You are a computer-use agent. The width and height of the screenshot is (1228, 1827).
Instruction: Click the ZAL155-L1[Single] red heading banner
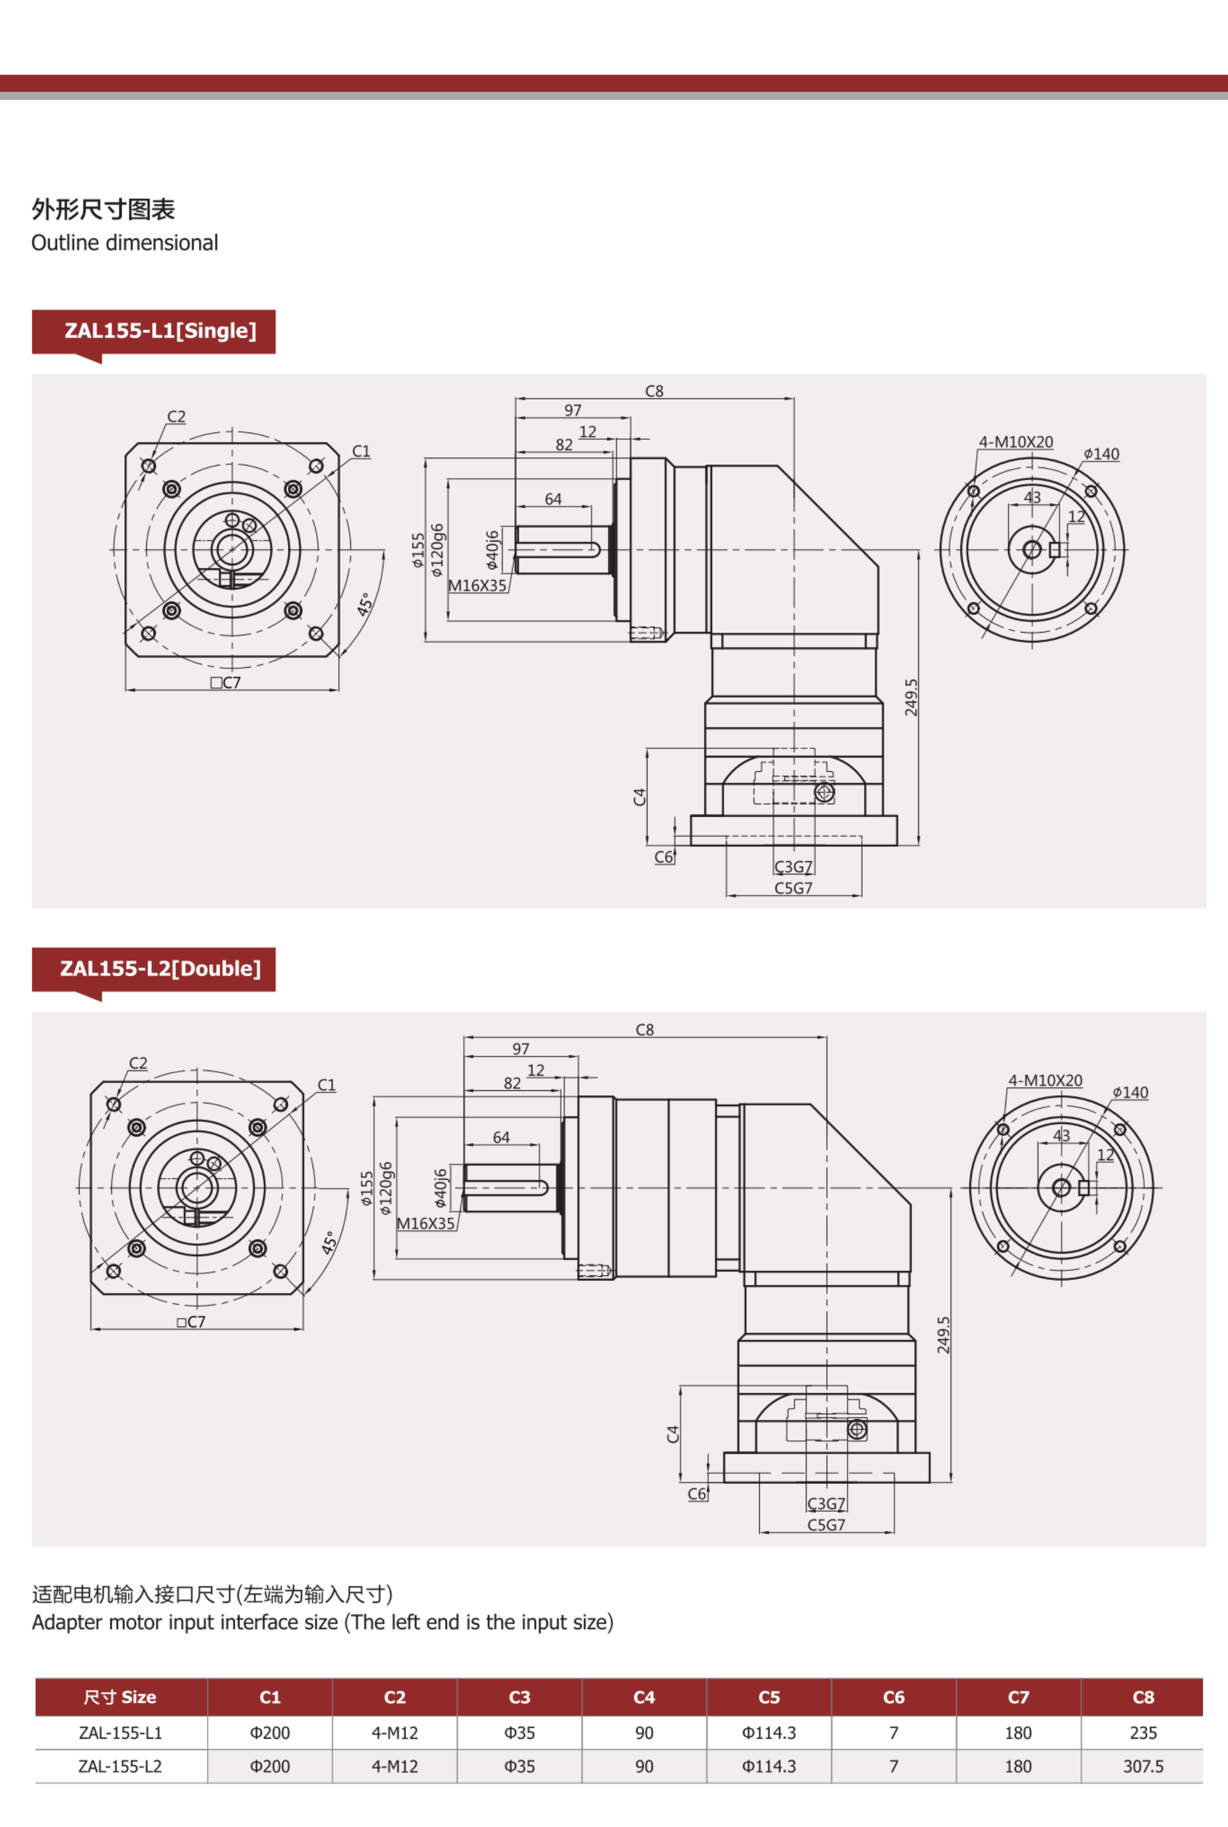pyautogui.click(x=153, y=331)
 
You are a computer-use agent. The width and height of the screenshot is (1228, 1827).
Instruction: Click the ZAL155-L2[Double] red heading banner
pyautogui.click(x=153, y=969)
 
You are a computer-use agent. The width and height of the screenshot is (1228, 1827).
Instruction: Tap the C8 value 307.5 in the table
pyautogui.click(x=1142, y=1766)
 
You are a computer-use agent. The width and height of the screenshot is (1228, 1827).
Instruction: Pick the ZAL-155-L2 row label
pyautogui.click(x=120, y=1766)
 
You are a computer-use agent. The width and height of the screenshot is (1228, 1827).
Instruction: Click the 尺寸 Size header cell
pyautogui.click(x=120, y=1697)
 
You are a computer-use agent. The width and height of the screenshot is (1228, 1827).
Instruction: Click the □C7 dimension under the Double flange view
pyautogui.click(x=191, y=1322)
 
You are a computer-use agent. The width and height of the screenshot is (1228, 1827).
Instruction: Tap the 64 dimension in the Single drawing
pyautogui.click(x=553, y=499)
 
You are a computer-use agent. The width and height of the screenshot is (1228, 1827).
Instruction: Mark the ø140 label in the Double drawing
pyautogui.click(x=1130, y=1092)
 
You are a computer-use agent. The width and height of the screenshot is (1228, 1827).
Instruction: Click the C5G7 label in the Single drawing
pyautogui.click(x=793, y=888)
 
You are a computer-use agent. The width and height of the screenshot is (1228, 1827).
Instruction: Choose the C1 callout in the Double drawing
pyautogui.click(x=327, y=1085)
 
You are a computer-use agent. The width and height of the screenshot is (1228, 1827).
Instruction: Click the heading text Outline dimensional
pyautogui.click(x=124, y=243)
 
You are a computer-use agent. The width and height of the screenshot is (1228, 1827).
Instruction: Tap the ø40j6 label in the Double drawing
pyautogui.click(x=440, y=1187)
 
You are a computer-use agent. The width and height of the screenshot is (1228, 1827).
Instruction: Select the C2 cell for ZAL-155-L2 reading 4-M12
pyautogui.click(x=394, y=1766)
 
